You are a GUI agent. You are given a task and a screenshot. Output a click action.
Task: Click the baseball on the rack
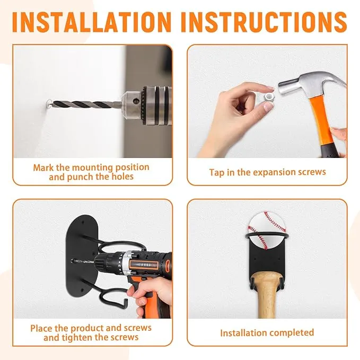[267, 230]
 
